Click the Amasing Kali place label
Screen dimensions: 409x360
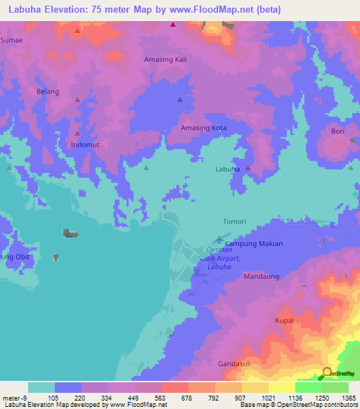point(167,60)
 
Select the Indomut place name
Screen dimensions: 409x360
point(85,145)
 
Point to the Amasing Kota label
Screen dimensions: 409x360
point(204,128)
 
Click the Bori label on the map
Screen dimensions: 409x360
point(337,131)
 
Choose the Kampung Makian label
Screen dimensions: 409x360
point(253,244)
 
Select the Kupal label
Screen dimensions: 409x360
point(283,320)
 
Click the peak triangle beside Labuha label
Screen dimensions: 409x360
point(247,169)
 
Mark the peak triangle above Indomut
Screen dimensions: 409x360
point(77,133)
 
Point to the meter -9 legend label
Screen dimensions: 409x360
point(15,398)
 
